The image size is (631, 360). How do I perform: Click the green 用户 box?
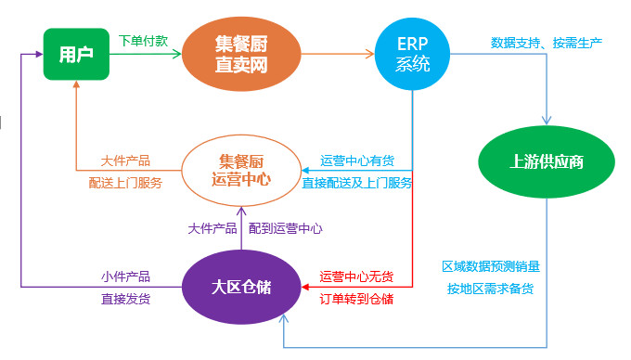[x=76, y=54]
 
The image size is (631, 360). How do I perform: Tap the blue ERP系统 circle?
[x=413, y=54]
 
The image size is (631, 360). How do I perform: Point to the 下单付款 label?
[x=144, y=42]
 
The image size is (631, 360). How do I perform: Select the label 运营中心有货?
[x=356, y=161]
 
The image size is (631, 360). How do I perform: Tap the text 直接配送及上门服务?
[x=356, y=183]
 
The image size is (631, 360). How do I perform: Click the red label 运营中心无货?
[x=356, y=276]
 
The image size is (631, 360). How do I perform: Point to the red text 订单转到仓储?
[x=356, y=299]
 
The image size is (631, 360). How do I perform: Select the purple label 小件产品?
[x=125, y=276]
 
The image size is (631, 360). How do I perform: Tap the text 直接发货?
[x=125, y=299]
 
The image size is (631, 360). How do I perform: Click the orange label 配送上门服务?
[x=125, y=183]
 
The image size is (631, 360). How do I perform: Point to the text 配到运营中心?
[x=286, y=227]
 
